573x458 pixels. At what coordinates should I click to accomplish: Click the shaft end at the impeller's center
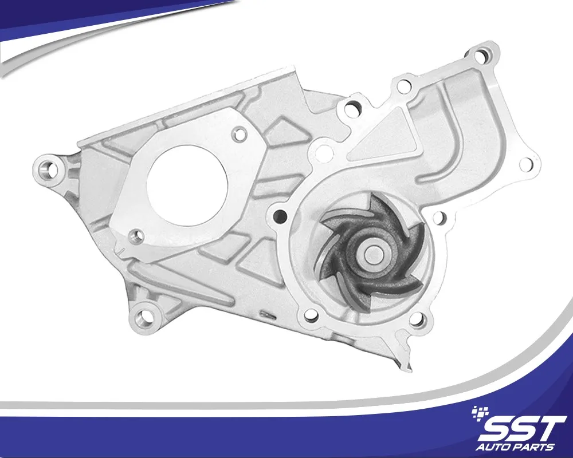coord(372,252)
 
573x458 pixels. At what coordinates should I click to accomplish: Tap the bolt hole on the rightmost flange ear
coord(525,164)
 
